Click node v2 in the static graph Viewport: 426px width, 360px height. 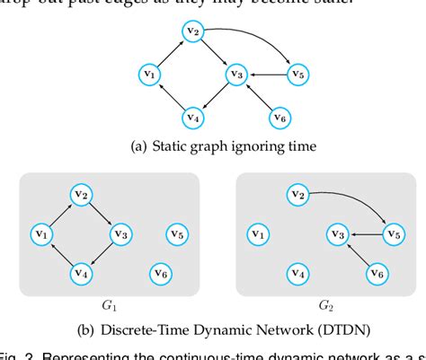191,32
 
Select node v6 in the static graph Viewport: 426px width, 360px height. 280,118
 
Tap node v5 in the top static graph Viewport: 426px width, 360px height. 297,74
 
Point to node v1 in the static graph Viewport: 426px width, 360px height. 151,74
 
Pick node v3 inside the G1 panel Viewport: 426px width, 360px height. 120,234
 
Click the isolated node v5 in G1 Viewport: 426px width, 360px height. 176,235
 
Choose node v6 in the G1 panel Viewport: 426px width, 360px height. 162,272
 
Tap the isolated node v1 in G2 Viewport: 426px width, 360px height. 256,235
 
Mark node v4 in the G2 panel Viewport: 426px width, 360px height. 297,273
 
